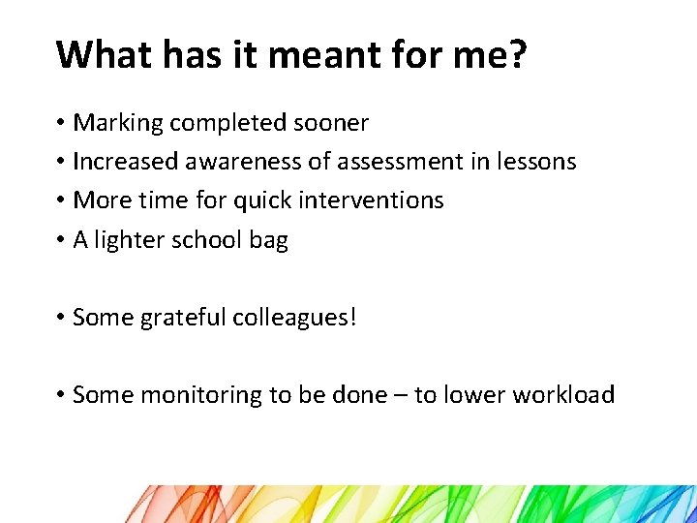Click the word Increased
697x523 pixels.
click(x=124, y=162)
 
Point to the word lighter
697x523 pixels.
click(x=130, y=240)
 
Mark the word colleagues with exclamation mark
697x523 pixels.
click(x=295, y=318)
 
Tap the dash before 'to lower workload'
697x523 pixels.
click(x=398, y=395)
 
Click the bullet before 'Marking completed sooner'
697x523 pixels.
click(x=60, y=123)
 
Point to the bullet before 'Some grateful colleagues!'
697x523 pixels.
click(x=60, y=318)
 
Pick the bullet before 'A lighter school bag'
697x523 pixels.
click(x=60, y=240)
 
